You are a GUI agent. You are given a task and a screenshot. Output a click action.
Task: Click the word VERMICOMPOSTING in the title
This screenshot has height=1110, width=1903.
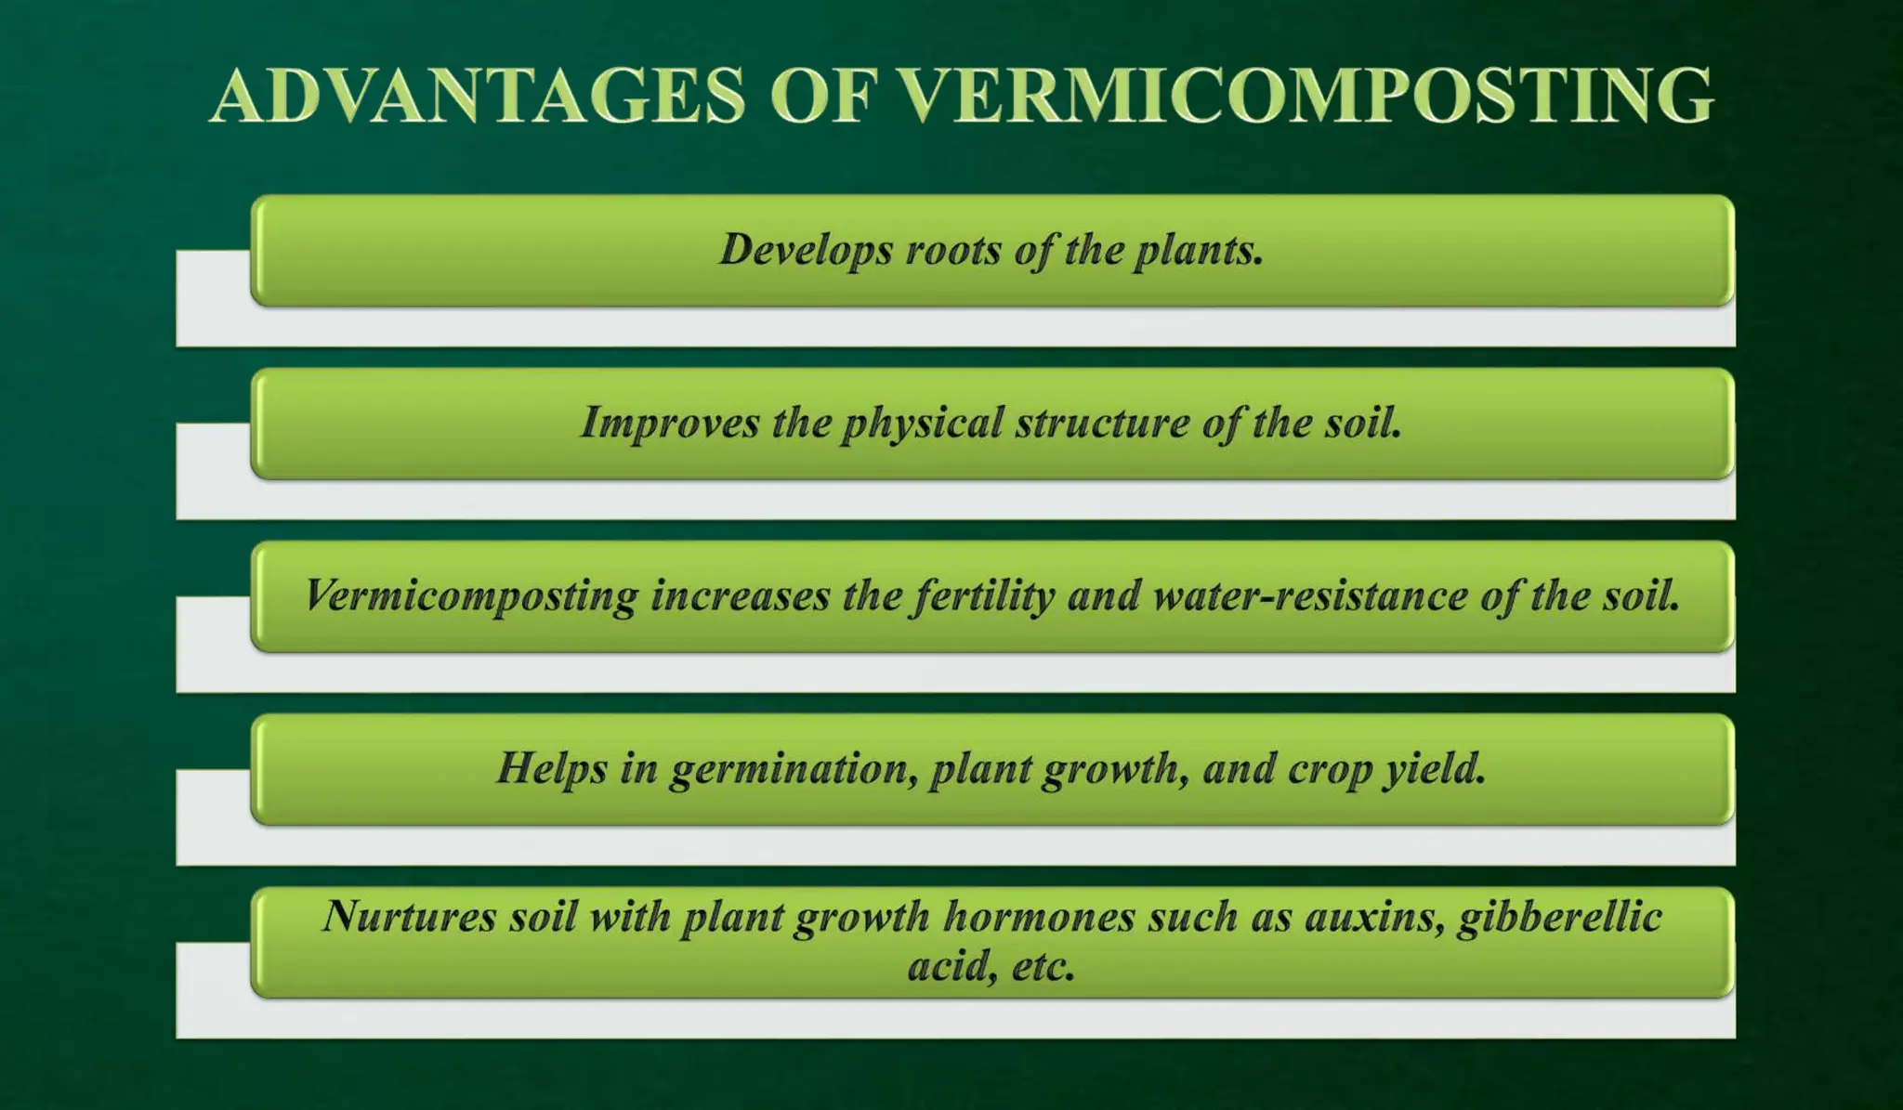(1306, 96)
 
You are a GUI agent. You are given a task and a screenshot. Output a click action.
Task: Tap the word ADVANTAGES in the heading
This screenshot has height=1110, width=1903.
(478, 96)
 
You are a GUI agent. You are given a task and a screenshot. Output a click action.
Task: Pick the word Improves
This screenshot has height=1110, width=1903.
(670, 424)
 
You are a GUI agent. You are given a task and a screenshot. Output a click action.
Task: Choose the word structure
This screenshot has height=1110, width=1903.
(1102, 424)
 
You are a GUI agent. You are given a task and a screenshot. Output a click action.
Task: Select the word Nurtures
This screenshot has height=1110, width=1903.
(409, 917)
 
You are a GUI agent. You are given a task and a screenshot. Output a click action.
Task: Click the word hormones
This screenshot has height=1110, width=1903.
(1039, 917)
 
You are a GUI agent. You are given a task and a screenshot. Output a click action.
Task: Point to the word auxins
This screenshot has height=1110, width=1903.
(1375, 917)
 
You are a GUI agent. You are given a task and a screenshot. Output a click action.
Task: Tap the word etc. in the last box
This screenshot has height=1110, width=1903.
(1043, 967)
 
